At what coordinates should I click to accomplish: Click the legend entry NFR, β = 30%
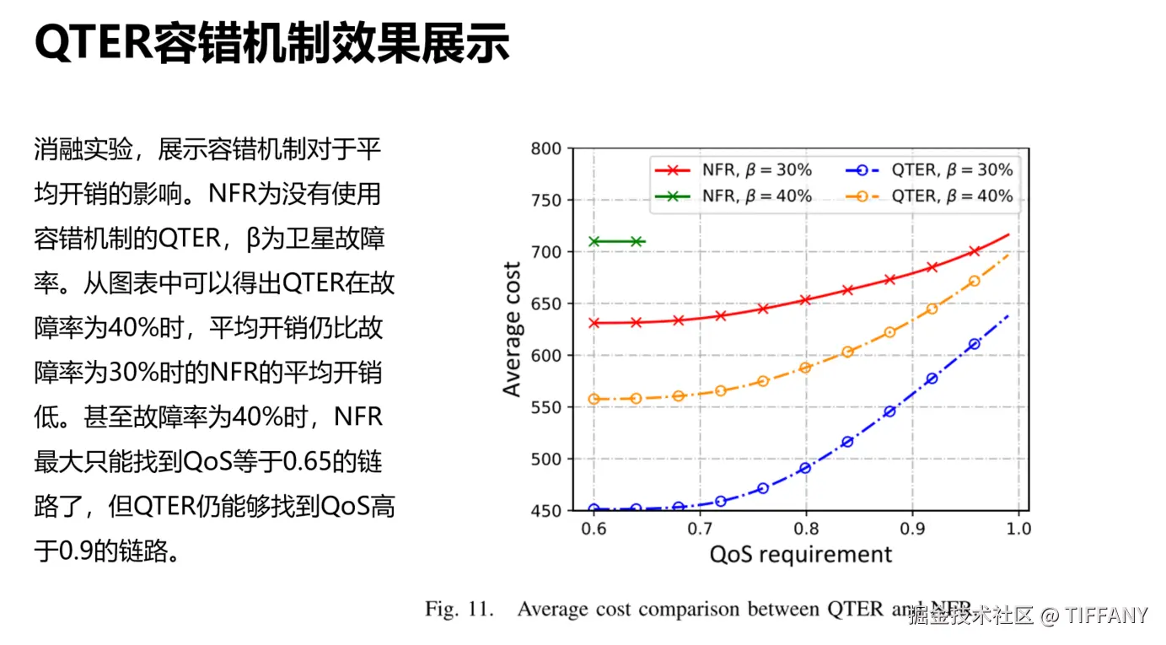(733, 169)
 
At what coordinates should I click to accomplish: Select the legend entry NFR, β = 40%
(733, 196)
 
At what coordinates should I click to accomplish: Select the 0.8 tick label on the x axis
(806, 529)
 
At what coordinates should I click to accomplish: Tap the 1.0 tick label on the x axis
(1018, 529)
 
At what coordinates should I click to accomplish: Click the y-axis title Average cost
(512, 330)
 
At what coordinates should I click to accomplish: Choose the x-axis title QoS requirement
(800, 554)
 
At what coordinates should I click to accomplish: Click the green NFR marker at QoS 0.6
(594, 242)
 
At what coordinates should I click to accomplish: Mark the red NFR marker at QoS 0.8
(805, 300)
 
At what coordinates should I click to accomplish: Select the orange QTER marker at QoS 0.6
(594, 399)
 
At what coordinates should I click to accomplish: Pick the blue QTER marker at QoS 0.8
(805, 468)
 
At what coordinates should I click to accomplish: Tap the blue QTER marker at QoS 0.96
(975, 344)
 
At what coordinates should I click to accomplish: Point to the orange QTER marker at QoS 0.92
(932, 309)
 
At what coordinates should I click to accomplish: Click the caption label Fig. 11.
(459, 609)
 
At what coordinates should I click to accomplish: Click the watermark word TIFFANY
(1106, 615)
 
